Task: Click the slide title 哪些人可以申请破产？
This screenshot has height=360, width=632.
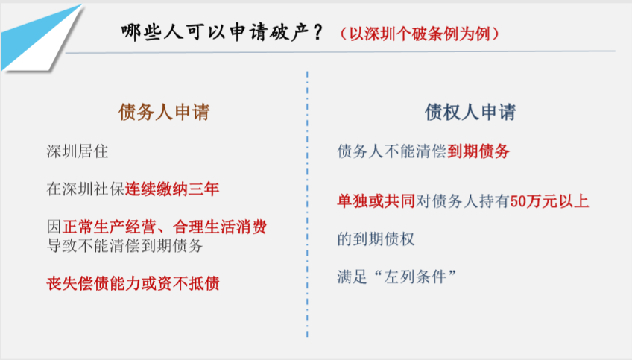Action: [x=222, y=32]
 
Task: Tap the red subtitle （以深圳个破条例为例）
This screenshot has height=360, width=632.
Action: [x=420, y=34]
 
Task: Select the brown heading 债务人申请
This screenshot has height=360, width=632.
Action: [x=164, y=112]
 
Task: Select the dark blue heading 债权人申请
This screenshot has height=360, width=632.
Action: [x=470, y=112]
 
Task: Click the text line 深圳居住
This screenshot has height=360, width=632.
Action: [x=78, y=151]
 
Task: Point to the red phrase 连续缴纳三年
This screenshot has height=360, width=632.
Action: [x=172, y=189]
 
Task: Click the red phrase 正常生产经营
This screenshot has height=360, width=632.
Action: [x=109, y=227]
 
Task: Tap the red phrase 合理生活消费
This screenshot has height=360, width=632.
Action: [x=220, y=227]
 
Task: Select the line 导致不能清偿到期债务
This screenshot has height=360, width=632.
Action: [x=124, y=245]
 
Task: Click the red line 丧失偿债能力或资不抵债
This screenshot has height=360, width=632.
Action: [x=133, y=283]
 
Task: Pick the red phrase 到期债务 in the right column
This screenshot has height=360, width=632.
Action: [x=478, y=151]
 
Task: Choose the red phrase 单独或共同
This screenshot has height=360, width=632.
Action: [x=376, y=201]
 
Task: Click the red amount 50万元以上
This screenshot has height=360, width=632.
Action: [x=549, y=201]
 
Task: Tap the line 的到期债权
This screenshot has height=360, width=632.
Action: [x=376, y=239]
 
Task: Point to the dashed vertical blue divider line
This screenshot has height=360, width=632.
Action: [x=307, y=204]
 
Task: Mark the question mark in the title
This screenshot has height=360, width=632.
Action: [x=317, y=32]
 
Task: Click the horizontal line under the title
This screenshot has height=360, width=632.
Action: [x=341, y=51]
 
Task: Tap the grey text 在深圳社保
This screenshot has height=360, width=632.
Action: [x=86, y=189]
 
